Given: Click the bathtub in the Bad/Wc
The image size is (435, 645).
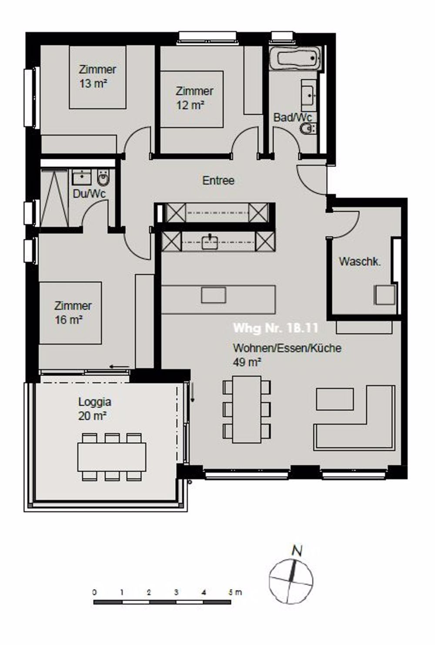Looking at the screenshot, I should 295,59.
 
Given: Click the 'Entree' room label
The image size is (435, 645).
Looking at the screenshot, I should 218,180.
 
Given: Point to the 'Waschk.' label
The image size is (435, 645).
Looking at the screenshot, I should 360,261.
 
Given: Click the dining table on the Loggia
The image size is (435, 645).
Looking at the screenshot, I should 112,456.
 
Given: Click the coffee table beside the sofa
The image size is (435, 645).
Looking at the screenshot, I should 335,399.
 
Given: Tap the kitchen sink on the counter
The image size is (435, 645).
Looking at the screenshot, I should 210,242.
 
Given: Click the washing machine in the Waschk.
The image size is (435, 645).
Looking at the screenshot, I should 385,295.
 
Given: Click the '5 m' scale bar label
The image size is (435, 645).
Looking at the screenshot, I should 234,592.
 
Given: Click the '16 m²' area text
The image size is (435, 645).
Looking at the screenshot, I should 69,320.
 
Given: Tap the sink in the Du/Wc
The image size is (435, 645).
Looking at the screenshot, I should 82,177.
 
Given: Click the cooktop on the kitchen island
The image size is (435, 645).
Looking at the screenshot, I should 214,295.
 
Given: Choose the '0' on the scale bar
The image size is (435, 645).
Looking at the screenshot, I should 95,592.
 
